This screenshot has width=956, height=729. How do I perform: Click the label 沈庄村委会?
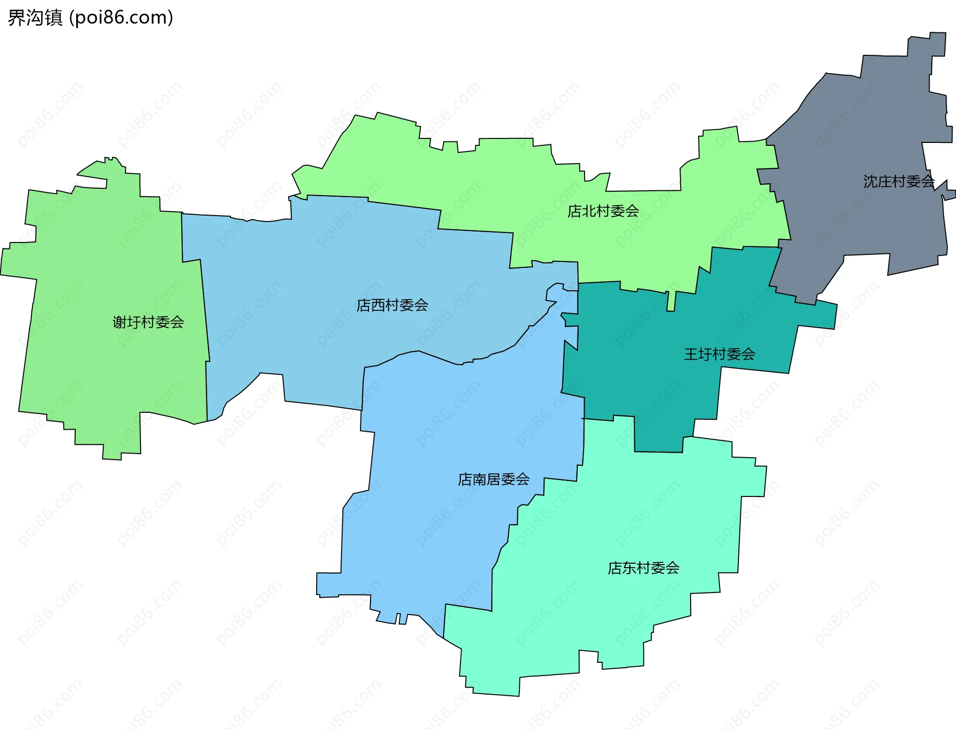[x=899, y=182]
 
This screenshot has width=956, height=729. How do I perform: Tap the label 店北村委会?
[x=603, y=212]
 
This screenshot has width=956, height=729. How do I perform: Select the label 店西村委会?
[x=392, y=305]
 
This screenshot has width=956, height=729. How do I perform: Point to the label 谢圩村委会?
[x=148, y=323]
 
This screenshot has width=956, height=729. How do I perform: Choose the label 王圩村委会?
[x=719, y=355]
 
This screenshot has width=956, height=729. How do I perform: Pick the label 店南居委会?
[x=493, y=480]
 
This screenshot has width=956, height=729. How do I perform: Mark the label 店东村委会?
[x=643, y=568]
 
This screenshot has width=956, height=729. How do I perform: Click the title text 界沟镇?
[x=35, y=18]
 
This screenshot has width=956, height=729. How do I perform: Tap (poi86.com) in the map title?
[x=121, y=18]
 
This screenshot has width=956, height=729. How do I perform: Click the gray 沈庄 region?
[x=856, y=149]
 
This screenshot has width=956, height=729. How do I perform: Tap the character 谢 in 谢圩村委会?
[x=120, y=323]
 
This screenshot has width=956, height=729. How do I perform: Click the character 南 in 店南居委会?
[x=479, y=480]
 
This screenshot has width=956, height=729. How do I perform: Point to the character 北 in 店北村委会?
[x=589, y=212]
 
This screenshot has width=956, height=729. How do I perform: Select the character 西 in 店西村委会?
[x=378, y=305]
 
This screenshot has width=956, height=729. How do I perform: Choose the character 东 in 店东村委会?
[x=629, y=568]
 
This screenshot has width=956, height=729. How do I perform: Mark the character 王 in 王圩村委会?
[x=691, y=355]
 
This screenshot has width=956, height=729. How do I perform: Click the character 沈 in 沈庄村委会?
[x=870, y=182]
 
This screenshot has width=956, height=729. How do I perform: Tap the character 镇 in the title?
[x=54, y=18]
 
